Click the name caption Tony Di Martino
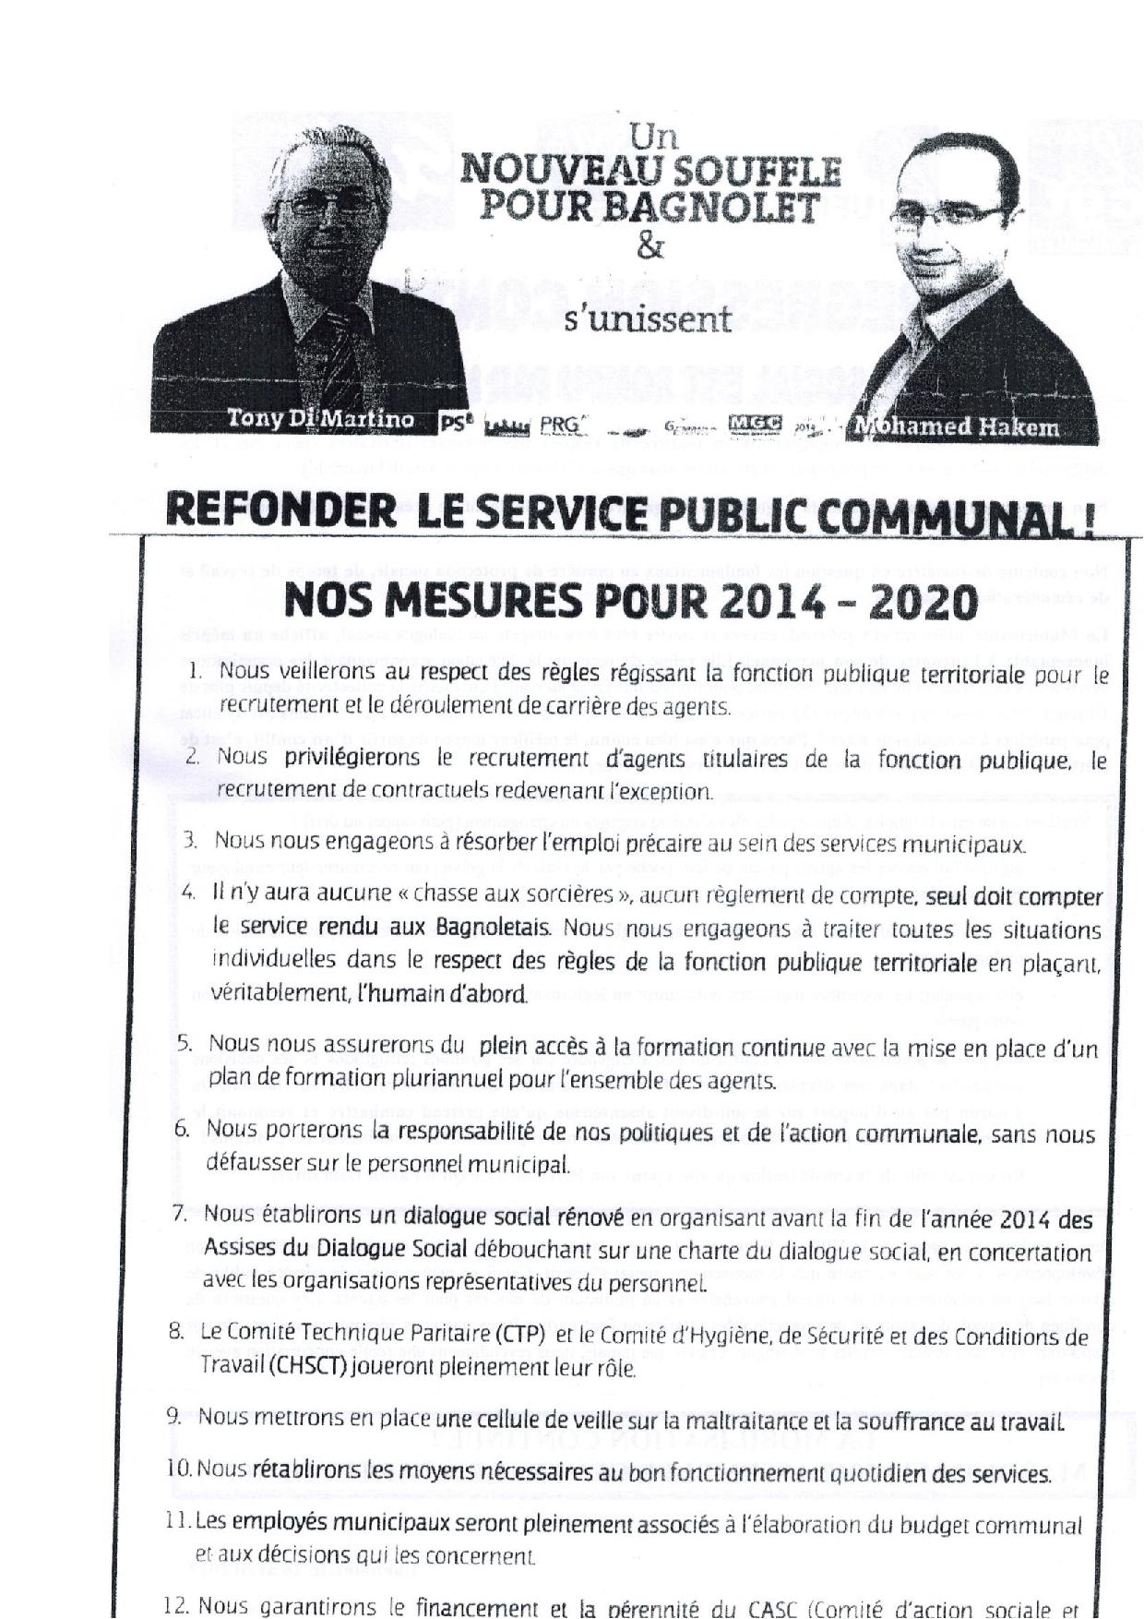click(x=320, y=419)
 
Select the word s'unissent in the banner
click(x=648, y=319)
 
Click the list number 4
click(x=188, y=893)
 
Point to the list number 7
click(x=180, y=1214)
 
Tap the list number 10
click(x=179, y=1468)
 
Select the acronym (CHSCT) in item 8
click(x=308, y=1367)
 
